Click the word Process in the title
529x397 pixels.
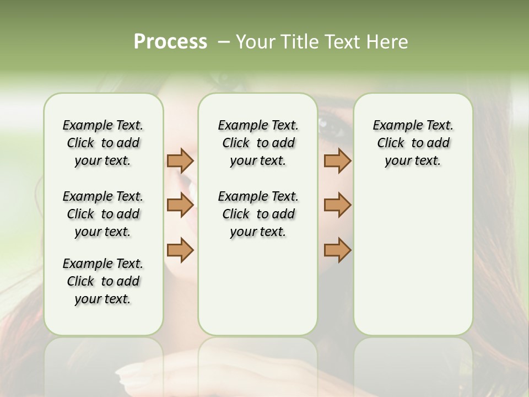pyautogui.click(x=170, y=42)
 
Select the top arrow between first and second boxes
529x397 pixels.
pyautogui.click(x=180, y=160)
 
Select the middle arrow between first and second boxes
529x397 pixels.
pyautogui.click(x=180, y=205)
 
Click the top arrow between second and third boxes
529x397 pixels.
pyautogui.click(x=337, y=160)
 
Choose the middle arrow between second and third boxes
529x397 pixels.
pyautogui.click(x=337, y=205)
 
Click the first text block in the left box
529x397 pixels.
pyautogui.click(x=103, y=143)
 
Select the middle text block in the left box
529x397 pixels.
pyautogui.click(x=103, y=214)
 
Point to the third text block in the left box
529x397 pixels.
pyautogui.click(x=103, y=281)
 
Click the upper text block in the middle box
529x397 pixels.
pyautogui.click(x=258, y=143)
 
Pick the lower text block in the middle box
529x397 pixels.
pyautogui.click(x=258, y=214)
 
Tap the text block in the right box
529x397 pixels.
pyautogui.click(x=413, y=143)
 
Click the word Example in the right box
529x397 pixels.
pyautogui.click(x=392, y=126)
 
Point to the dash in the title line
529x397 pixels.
pyautogui.click(x=224, y=42)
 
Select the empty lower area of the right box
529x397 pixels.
pyautogui.click(x=413, y=265)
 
